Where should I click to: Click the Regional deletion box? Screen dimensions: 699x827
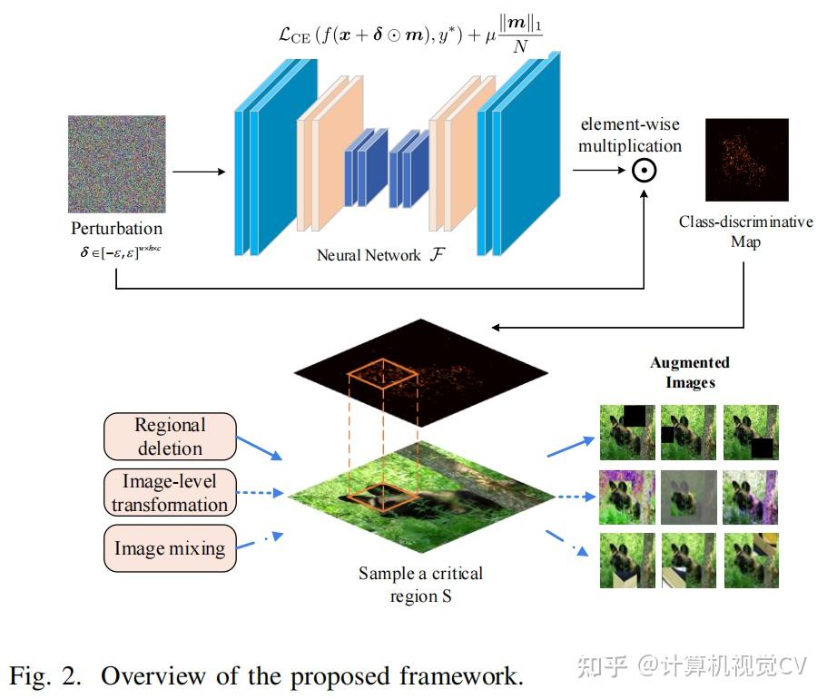tap(171, 437)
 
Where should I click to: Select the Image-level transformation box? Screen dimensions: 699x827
tap(171, 492)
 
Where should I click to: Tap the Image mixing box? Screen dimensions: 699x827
tap(171, 548)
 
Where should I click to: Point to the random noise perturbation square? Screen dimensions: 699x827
tap(116, 163)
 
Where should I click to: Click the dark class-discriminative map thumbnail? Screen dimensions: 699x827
tap(746, 160)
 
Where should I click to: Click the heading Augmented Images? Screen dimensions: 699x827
tap(690, 372)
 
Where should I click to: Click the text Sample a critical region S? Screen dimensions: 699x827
tap(420, 585)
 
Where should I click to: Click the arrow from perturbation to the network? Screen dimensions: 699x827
tap(197, 171)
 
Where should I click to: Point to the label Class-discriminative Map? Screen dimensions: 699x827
tap(746, 231)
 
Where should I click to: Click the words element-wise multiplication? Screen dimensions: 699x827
tap(631, 134)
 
